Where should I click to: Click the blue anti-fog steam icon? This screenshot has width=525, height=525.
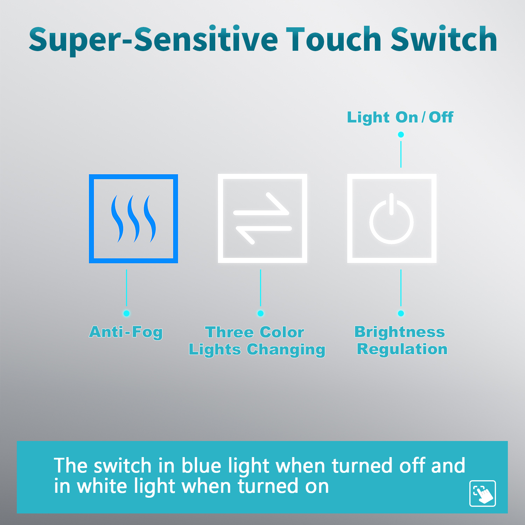(133, 219)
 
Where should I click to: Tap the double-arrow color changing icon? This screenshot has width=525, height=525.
(262, 218)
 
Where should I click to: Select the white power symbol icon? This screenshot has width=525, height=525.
(392, 218)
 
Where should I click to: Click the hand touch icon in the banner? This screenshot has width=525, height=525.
(483, 493)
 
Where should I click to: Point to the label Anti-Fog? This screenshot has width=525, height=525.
(126, 332)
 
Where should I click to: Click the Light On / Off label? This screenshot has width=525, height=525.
(400, 117)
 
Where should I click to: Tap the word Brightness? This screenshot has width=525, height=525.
(400, 332)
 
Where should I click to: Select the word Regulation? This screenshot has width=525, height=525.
(402, 349)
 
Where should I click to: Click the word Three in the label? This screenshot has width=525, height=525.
(229, 332)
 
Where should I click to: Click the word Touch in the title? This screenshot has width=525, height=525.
(334, 39)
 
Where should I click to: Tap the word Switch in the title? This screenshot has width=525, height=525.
(444, 39)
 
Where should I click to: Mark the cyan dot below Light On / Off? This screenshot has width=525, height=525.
(401, 134)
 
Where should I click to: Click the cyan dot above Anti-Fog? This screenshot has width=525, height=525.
(126, 313)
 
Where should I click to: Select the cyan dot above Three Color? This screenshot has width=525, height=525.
(260, 313)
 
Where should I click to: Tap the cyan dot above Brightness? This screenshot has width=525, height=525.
(401, 313)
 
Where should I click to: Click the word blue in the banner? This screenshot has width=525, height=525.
(201, 466)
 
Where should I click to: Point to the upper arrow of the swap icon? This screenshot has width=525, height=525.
(261, 204)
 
